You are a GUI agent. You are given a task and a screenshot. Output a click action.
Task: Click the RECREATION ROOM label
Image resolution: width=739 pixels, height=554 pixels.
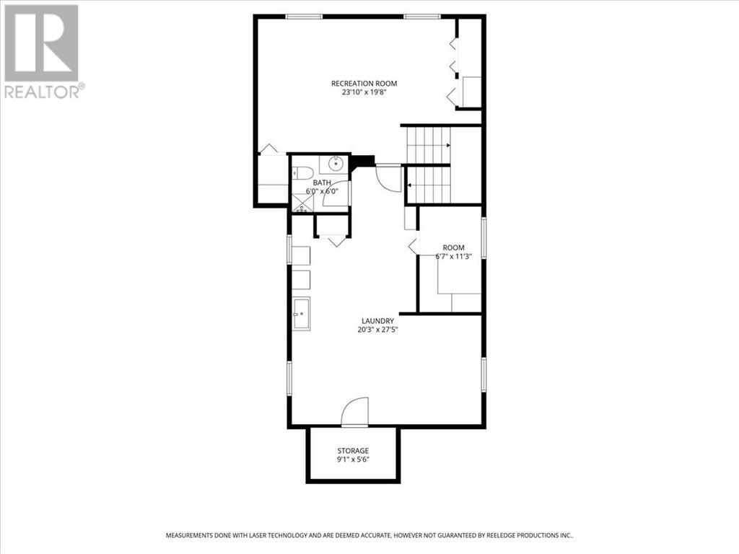click(x=364, y=83)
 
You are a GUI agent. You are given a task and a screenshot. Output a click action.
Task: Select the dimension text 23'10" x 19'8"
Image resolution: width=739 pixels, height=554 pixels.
click(x=364, y=92)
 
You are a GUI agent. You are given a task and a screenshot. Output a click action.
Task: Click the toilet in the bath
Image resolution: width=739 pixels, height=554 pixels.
click(x=302, y=173)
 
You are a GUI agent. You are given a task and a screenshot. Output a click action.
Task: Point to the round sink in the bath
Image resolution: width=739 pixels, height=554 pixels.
click(x=333, y=164)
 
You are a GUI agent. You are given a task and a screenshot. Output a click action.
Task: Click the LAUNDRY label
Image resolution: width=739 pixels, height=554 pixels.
click(x=378, y=321)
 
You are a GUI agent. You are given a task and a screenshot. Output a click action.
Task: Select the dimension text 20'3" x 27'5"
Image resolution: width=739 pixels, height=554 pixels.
click(x=378, y=330)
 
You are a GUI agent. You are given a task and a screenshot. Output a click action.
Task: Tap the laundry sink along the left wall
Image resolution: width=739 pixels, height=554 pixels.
click(x=301, y=314)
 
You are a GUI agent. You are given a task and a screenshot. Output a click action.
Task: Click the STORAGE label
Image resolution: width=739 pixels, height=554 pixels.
click(x=353, y=451)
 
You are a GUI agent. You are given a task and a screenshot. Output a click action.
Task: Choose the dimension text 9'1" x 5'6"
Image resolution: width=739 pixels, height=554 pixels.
click(x=353, y=460)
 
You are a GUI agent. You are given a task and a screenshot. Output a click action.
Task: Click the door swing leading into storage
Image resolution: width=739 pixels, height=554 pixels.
click(x=356, y=413)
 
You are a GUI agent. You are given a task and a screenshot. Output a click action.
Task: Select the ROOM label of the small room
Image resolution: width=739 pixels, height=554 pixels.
click(x=454, y=248)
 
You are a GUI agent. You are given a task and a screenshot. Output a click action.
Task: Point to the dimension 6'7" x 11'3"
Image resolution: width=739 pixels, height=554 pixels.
click(x=454, y=257)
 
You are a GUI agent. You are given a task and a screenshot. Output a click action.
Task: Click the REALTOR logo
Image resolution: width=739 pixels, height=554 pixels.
click(x=43, y=51)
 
